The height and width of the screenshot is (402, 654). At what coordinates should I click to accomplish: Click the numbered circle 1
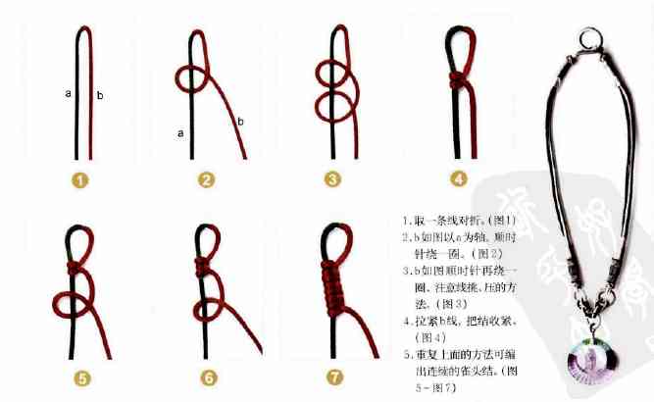pos(80,179)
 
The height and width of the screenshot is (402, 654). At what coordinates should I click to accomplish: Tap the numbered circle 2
pos(206,179)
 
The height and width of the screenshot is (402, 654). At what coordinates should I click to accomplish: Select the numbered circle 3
pos(333,179)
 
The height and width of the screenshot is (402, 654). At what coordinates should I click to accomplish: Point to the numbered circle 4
pos(459,179)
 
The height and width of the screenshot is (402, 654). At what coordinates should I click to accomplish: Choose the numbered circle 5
pos(80,376)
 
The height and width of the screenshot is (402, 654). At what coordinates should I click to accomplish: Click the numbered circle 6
pos(206,376)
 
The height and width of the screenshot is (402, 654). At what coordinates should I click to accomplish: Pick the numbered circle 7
pos(332,376)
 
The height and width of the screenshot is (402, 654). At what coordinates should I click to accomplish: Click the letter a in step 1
pos(68,93)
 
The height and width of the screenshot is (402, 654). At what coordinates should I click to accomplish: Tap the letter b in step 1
pos(99,95)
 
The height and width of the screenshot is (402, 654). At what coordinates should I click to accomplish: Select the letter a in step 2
pos(180,131)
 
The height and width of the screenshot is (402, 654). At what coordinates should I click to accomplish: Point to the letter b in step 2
pos(240,122)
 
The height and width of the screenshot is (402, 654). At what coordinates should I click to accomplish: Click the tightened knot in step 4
pos(458,78)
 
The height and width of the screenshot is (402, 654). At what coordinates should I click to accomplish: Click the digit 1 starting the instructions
pos(405,221)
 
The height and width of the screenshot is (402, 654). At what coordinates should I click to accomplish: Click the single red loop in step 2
pos(190,78)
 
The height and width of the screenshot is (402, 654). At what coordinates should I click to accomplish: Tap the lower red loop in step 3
pos(332,103)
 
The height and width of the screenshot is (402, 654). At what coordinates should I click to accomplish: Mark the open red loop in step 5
pos(71,307)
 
